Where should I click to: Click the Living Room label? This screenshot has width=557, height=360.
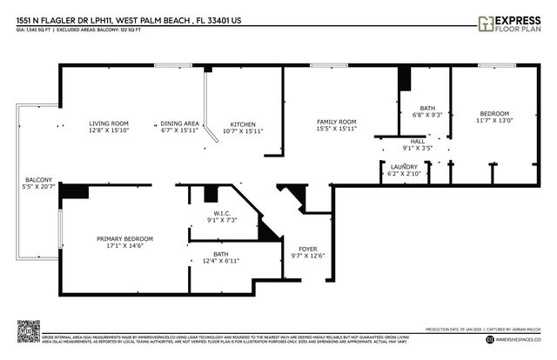pyautogui.click(x=109, y=123)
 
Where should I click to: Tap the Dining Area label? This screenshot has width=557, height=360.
pyautogui.click(x=180, y=123)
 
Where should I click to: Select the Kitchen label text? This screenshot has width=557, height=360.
pyautogui.click(x=243, y=123)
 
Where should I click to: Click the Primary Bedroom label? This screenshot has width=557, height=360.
pyautogui.click(x=124, y=239)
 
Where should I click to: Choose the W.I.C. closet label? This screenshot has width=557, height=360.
pyautogui.click(x=221, y=213)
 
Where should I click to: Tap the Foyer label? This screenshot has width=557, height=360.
pyautogui.click(x=308, y=249)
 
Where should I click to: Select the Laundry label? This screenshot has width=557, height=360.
pyautogui.click(x=404, y=166)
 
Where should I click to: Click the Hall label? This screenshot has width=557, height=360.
pyautogui.click(x=418, y=141)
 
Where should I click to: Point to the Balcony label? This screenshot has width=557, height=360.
pyautogui.click(x=38, y=179)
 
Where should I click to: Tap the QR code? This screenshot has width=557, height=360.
pyautogui.click(x=28, y=334)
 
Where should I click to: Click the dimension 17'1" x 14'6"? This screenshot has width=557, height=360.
pyautogui.click(x=124, y=247)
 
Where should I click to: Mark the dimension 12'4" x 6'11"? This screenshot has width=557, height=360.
pyautogui.click(x=220, y=261)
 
